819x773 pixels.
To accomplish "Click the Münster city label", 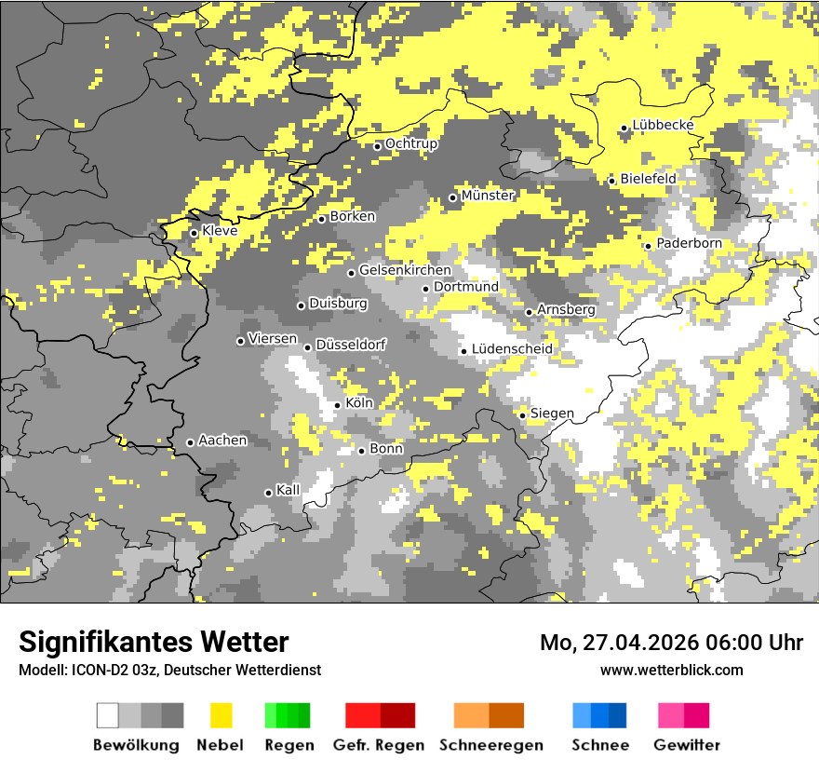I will [x=488, y=196].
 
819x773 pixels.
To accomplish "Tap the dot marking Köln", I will [x=338, y=405].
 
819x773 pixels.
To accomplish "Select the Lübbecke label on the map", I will [x=664, y=126].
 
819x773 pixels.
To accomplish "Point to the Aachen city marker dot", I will [x=190, y=442].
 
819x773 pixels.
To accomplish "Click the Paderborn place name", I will [x=689, y=244].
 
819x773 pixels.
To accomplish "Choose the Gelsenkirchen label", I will [x=405, y=270].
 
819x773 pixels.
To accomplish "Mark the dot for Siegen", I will [x=523, y=415].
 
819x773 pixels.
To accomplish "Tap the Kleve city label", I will [x=220, y=231].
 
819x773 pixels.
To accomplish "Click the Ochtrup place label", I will [x=411, y=144].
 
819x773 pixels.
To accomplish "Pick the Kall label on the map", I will [x=288, y=490].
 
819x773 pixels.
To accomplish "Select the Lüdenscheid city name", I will [x=512, y=349].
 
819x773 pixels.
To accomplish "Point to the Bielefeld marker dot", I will [x=612, y=181].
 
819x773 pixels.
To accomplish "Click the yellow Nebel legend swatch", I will [x=221, y=715].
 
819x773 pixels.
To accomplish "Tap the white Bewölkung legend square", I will [x=108, y=715].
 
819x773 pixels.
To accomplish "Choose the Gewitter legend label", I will [x=687, y=745].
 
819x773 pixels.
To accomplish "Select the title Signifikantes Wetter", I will [x=154, y=642].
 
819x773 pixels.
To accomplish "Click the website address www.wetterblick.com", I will [x=672, y=670].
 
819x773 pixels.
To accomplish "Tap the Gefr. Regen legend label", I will [x=379, y=745].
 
